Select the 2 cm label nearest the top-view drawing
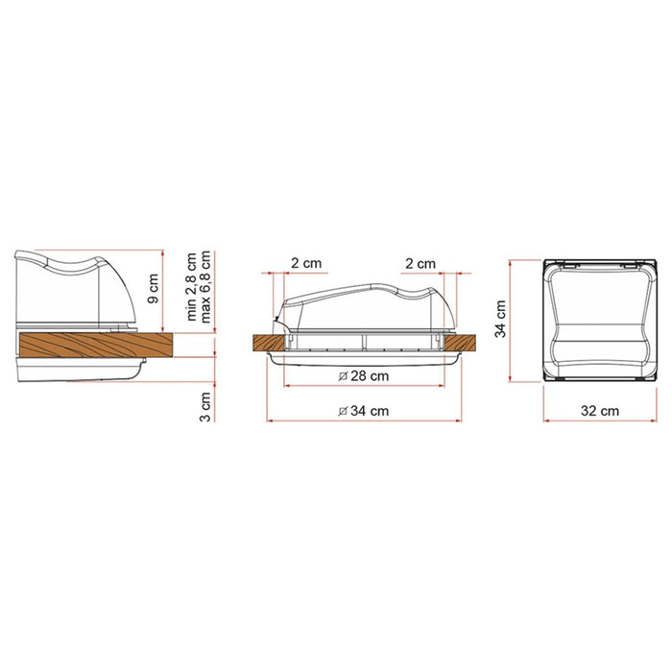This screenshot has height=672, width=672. point(420,263)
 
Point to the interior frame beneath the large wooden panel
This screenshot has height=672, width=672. point(77,370)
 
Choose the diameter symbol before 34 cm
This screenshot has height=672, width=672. point(342,411)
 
